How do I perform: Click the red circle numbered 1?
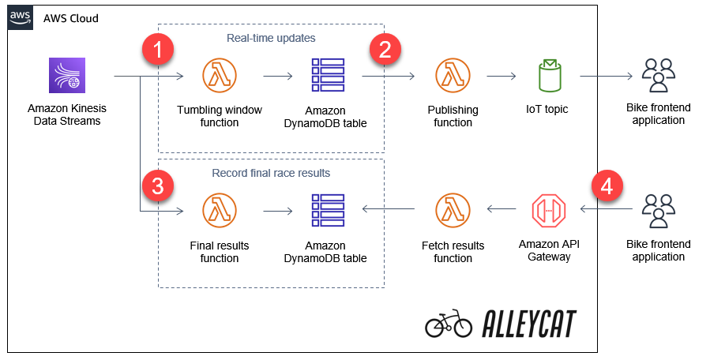(159, 51)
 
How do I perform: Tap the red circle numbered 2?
(385, 51)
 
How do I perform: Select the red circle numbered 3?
(159, 187)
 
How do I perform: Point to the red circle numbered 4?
(607, 187)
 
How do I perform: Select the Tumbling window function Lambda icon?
(220, 77)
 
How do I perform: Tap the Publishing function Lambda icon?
(453, 77)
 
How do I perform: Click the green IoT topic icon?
(549, 76)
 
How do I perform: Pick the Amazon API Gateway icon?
(549, 210)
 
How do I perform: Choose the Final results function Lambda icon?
(220, 211)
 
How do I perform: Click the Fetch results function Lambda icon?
(453, 211)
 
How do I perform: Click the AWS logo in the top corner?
(21, 18)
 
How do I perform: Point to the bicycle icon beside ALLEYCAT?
(448, 324)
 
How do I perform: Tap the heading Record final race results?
(271, 173)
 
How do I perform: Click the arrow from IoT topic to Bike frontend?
(607, 77)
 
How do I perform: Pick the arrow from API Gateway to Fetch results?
(500, 209)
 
